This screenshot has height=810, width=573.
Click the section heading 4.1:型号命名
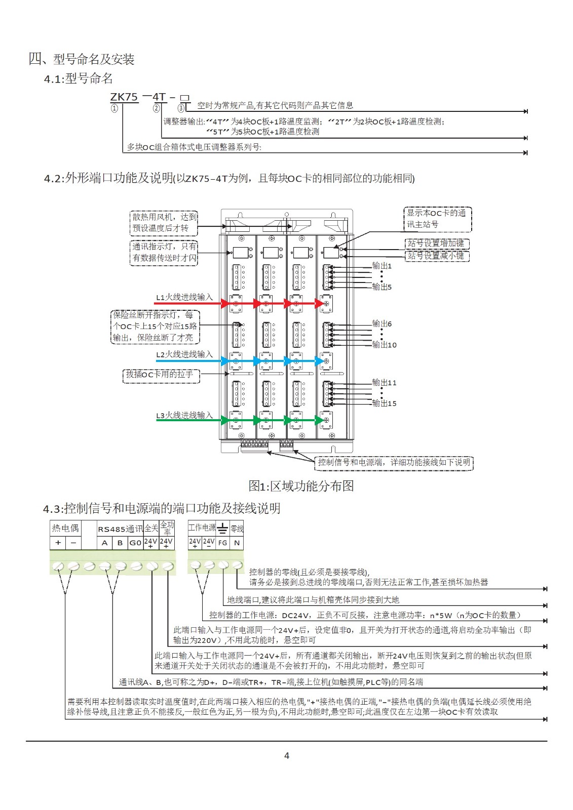coord(78,78)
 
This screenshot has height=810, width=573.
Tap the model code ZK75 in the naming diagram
coord(124,97)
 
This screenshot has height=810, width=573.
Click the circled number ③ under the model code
coord(181,108)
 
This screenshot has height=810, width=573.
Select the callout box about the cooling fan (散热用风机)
coord(164,223)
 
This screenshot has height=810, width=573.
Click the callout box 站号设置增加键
coord(437,244)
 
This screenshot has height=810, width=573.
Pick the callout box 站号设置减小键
coord(437,256)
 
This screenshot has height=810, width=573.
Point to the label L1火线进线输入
coord(184,297)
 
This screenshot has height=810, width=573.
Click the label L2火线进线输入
coord(184,354)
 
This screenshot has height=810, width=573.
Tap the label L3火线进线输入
coord(184,415)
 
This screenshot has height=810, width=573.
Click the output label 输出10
coord(384,345)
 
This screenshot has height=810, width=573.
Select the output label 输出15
coord(384,403)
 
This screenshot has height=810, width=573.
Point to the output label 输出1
coord(382,266)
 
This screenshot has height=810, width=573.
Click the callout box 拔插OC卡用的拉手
coord(161,375)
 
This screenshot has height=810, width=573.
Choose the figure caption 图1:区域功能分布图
coord(301,486)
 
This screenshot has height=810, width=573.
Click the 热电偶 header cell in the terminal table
coord(65,529)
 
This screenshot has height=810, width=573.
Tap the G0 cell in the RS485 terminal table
coord(135,543)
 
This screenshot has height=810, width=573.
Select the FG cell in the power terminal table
coord(222,543)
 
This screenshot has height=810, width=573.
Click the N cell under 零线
coord(237,543)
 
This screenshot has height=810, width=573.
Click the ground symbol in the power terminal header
coord(222,529)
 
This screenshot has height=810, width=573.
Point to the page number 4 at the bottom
coord(287,756)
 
